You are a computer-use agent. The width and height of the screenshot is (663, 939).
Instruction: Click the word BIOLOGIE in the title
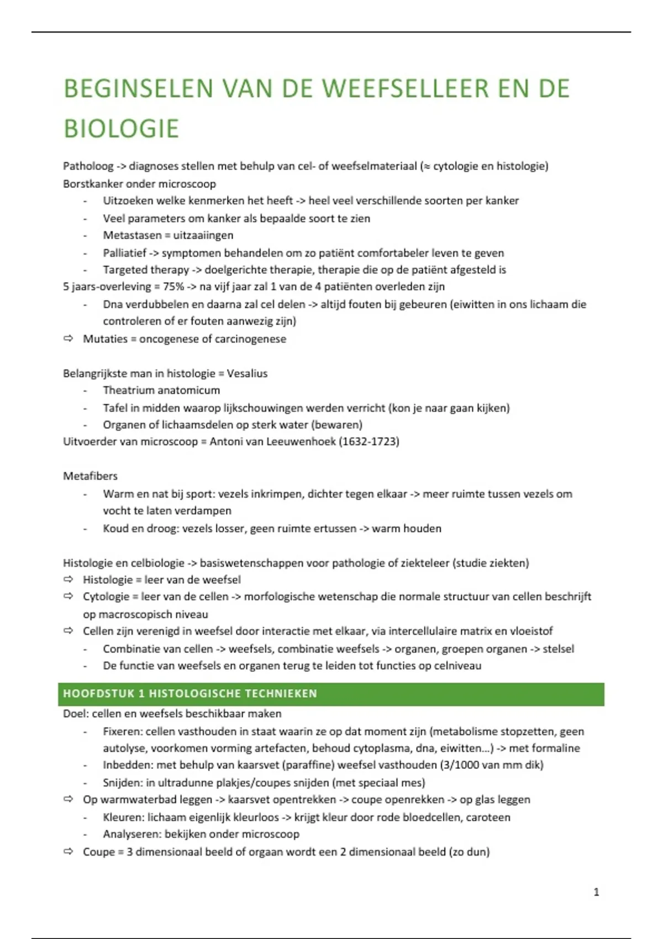121,129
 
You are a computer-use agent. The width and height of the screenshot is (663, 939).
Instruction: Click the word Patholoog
88,166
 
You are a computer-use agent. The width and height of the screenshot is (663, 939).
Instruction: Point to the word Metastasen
131,235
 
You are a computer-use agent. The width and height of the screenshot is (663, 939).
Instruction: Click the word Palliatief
124,253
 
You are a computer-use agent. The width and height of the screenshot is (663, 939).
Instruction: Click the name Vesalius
247,373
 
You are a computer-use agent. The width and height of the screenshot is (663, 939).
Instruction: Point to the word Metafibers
90,476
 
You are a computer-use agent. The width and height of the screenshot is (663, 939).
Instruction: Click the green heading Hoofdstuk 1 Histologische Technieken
190,694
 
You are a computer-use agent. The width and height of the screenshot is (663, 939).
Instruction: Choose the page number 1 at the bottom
596,892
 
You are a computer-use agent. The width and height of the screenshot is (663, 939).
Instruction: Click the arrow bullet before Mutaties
69,339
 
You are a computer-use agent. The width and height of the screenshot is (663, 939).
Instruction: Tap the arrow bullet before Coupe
69,852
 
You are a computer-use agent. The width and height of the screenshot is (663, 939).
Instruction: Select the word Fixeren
122,731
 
